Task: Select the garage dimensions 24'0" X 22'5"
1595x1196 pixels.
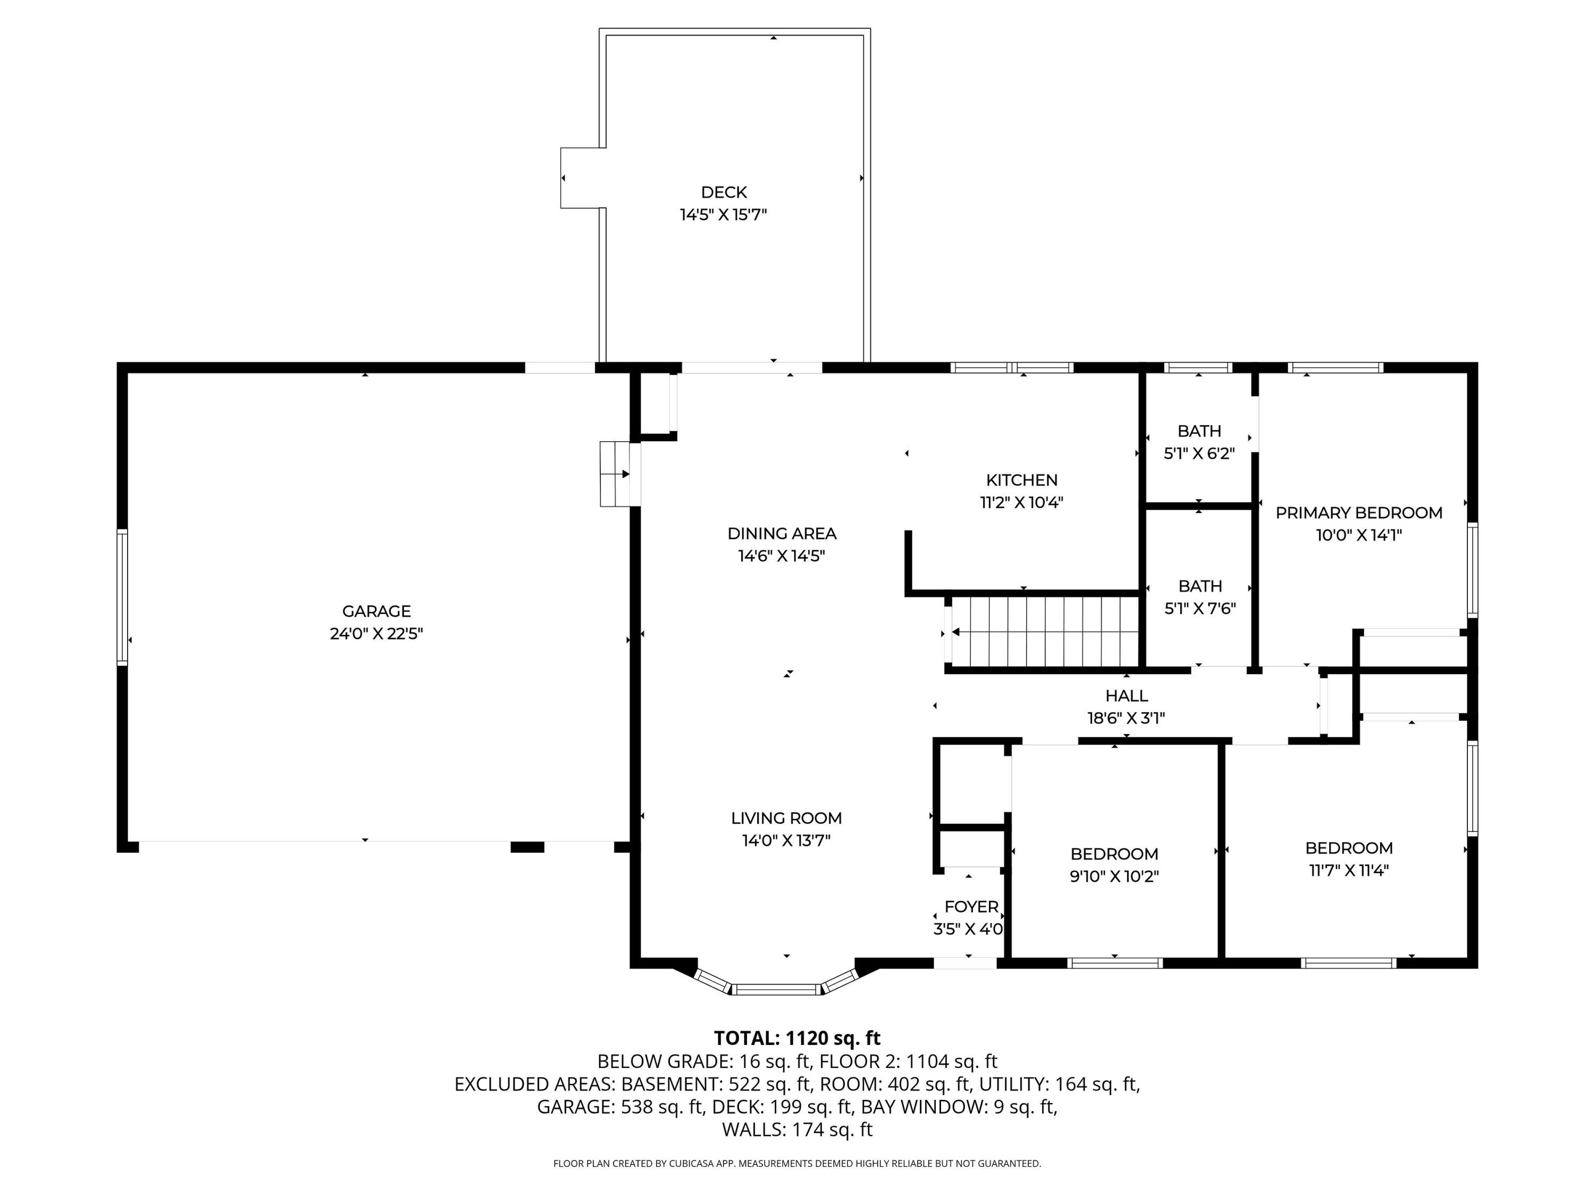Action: tap(376, 634)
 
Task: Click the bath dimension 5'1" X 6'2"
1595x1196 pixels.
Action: tap(1199, 453)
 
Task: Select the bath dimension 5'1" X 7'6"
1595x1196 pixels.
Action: tap(1200, 609)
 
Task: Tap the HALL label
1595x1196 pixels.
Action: tap(1126, 696)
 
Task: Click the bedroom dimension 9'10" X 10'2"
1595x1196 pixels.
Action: tap(1114, 877)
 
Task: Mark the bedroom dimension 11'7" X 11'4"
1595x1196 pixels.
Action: tap(1348, 870)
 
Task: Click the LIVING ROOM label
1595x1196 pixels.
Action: tap(786, 818)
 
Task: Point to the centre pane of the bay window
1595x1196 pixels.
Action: tap(777, 989)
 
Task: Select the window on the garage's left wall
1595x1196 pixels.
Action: tap(123, 596)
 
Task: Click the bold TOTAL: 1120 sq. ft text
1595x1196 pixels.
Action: tap(797, 1038)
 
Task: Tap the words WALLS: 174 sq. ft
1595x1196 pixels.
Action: tap(797, 1130)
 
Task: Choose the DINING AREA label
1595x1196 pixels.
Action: tap(782, 534)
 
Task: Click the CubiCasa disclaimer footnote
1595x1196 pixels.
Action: tap(797, 1164)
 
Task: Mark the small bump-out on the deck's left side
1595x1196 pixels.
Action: tap(582, 178)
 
